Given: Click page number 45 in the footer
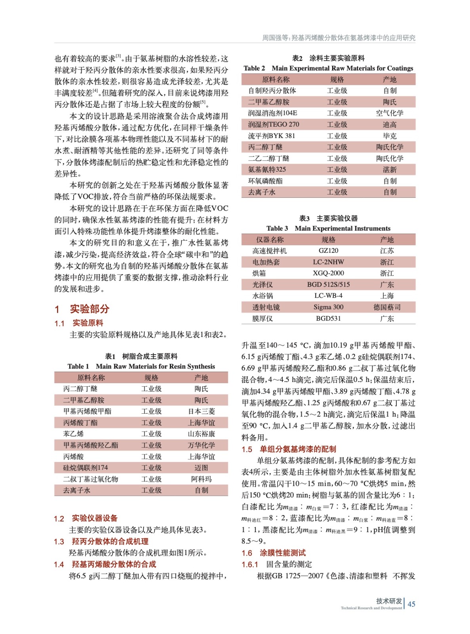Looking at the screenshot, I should point(411,604).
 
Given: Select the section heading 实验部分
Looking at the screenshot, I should point(89,309).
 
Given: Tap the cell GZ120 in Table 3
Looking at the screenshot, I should point(328,251).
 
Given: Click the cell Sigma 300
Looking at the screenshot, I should point(328,307).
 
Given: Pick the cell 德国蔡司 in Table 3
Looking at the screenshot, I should point(387,307).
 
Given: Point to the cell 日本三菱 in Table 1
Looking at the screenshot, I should point(201,411).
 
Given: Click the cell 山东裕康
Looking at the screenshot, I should point(201,434).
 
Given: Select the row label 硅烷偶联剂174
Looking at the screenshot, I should point(86,468).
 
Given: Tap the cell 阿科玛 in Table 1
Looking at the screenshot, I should point(201,479).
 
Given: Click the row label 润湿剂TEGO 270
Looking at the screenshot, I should point(274,124).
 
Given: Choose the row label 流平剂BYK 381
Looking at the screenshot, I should point(272,136).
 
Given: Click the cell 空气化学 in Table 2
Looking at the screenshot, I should point(390,113).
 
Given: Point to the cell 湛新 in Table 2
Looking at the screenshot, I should point(390,170).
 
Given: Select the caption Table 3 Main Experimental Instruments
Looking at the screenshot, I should point(328,228).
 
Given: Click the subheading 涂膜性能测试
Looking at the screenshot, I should point(283,553).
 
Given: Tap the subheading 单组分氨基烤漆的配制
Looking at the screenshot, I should point(298,449).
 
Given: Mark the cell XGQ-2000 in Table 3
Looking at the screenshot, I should point(328,273).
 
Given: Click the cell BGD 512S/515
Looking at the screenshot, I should point(328,285).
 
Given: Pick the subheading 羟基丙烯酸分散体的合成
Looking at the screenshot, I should point(114,564).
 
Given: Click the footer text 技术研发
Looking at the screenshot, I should point(389,601).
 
